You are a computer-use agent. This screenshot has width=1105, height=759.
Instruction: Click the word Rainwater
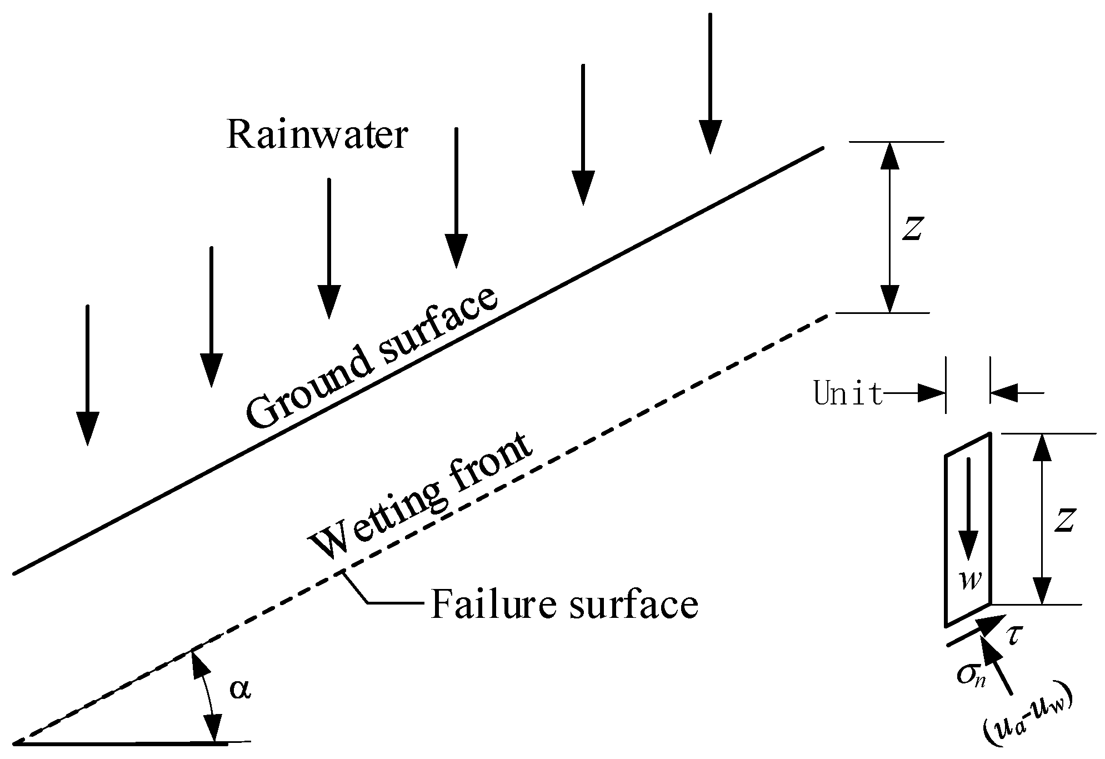pos(317,136)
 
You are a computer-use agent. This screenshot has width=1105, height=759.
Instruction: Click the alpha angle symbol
pos(240,689)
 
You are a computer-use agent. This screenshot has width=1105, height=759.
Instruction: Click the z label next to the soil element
pos(1064,520)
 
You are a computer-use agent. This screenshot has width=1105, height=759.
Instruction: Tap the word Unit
pos(848,394)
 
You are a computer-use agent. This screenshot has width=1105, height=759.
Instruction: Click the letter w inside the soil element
pos(970,581)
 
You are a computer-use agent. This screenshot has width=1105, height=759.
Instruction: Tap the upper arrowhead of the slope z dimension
pos(890,156)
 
